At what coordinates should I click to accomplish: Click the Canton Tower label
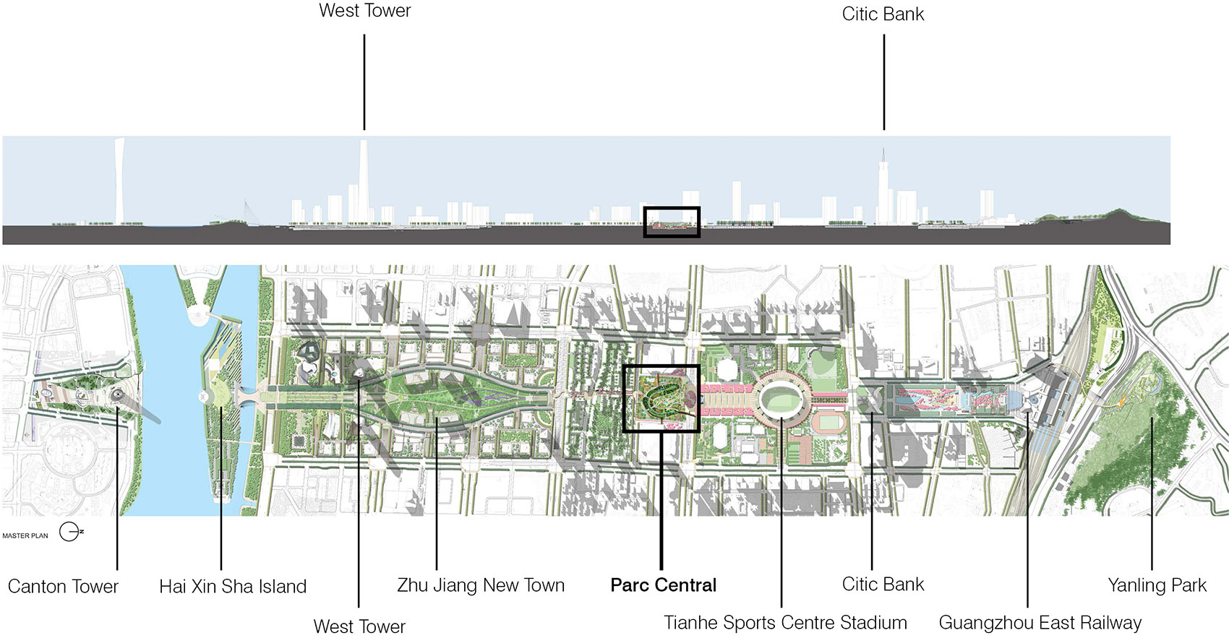point(63,586)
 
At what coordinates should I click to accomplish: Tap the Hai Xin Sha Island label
point(233,586)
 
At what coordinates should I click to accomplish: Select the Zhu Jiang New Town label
point(481,585)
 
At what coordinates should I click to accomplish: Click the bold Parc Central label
point(663,585)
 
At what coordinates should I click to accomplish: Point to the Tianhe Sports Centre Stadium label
point(785,623)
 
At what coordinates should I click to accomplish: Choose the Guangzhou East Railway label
point(1040,623)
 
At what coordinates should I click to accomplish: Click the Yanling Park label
point(1157,585)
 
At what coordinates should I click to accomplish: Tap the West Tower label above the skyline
point(364,11)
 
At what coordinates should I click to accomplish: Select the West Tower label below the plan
point(359,626)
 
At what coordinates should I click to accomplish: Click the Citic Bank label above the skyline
point(883,14)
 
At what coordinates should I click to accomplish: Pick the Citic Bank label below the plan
point(883,584)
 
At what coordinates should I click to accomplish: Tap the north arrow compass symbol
point(70,532)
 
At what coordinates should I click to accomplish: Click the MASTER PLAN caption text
point(25,535)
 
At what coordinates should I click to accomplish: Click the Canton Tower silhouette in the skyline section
point(119,181)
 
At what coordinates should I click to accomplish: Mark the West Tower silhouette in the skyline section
point(364,181)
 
